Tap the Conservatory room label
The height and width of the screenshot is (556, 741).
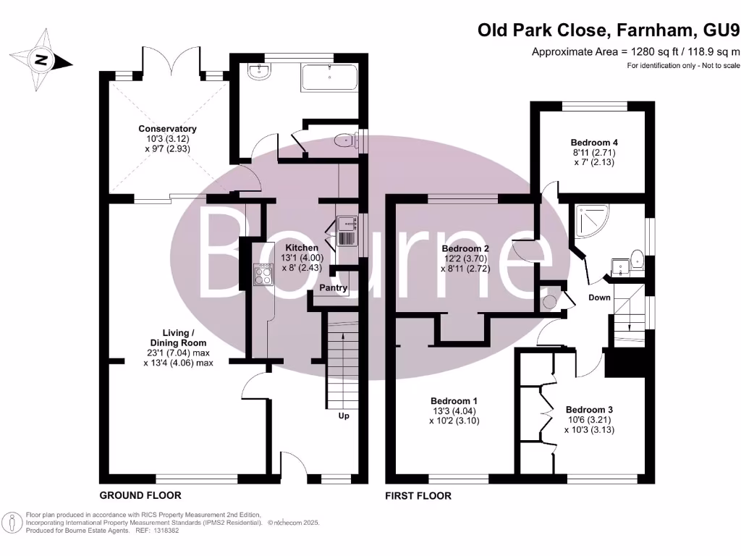167,129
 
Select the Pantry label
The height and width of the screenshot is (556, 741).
335,288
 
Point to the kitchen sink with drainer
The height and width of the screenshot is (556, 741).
345,231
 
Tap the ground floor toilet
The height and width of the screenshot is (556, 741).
346,143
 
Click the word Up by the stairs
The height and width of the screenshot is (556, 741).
344,416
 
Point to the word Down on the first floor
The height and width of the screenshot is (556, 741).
599,298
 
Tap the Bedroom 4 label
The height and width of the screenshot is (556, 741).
593,143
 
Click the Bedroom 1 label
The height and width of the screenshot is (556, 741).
454,401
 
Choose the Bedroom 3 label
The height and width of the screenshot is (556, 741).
588,408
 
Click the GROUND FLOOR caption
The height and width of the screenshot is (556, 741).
140,495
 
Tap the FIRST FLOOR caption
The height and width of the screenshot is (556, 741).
419,496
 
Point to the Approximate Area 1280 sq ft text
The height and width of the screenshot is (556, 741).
635,51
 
